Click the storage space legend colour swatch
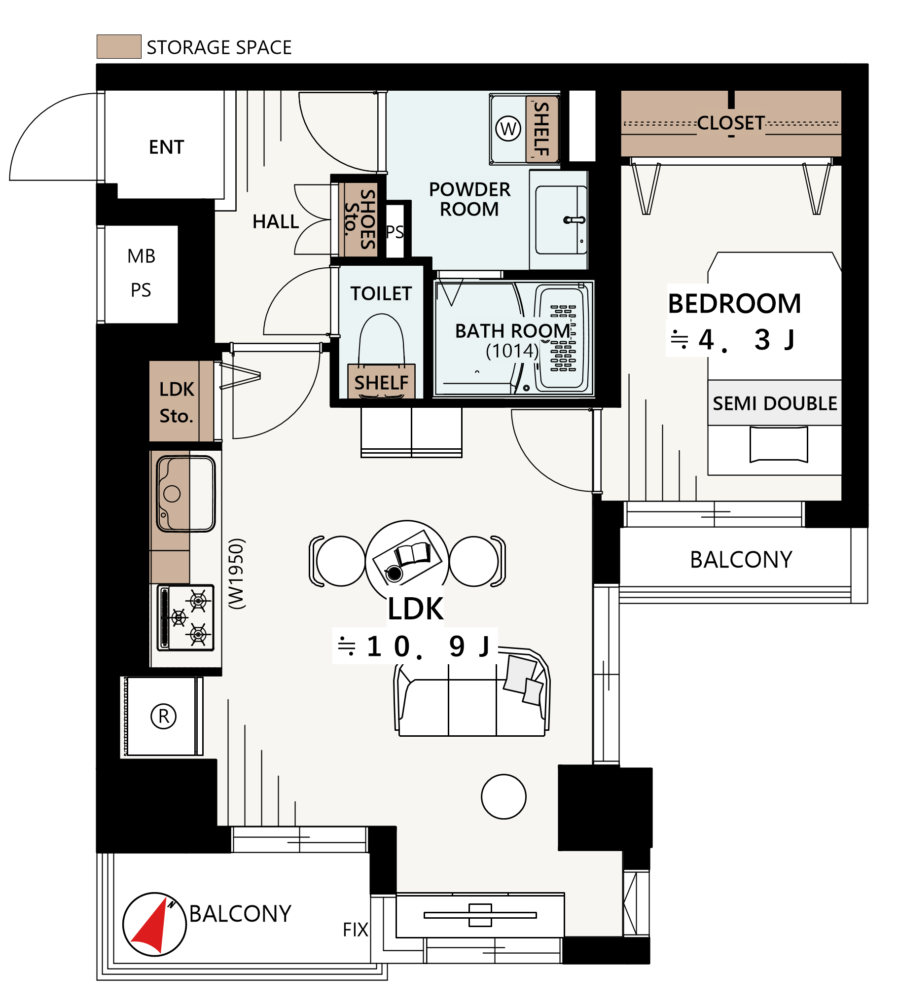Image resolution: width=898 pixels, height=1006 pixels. (x=119, y=47)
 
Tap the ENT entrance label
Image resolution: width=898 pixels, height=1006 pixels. (x=167, y=147)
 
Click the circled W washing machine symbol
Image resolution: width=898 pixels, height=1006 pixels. (x=508, y=129)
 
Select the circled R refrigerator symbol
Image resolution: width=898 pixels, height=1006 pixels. (x=163, y=716)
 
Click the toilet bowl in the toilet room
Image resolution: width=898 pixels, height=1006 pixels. (x=381, y=340)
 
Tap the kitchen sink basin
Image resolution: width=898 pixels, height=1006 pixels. (x=186, y=494)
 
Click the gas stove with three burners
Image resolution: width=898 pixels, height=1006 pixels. (x=185, y=618)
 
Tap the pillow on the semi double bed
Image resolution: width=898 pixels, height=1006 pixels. (x=779, y=444)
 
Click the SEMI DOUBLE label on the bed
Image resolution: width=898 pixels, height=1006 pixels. (x=775, y=403)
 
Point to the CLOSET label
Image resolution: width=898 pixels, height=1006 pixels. (x=731, y=123)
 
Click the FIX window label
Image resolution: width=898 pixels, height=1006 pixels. (x=355, y=930)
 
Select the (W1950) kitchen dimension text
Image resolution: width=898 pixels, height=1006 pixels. (x=237, y=574)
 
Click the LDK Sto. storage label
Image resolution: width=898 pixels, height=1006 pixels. (x=177, y=402)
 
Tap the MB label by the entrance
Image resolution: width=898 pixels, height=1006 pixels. (x=141, y=256)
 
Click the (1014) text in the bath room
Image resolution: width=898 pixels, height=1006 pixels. (x=512, y=351)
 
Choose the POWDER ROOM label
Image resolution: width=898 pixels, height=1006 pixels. (x=469, y=199)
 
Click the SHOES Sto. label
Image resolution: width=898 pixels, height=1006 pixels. (x=360, y=218)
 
